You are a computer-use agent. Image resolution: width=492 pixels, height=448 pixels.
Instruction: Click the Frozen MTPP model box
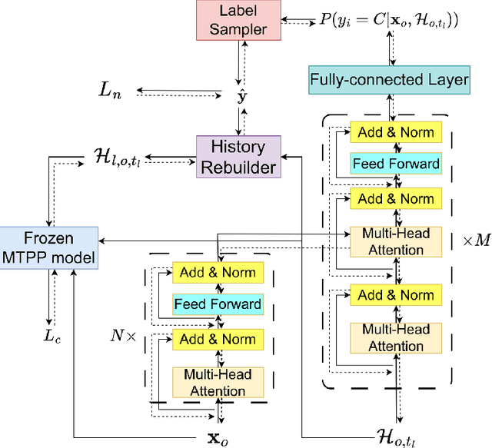tap(49, 247)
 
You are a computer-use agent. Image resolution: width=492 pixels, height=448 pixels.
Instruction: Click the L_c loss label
tap(51, 337)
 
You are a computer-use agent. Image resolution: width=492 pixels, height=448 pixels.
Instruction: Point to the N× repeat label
tap(125, 335)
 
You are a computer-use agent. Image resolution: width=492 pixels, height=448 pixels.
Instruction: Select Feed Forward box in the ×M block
tap(395, 164)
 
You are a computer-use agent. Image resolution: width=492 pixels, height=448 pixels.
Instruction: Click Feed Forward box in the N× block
tap(218, 304)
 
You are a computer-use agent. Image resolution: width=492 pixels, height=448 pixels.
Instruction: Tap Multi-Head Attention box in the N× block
tap(218, 382)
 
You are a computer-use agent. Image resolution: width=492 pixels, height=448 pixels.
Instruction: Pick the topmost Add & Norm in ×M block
tap(395, 132)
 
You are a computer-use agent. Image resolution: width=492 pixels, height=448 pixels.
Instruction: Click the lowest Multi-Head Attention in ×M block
tap(395, 337)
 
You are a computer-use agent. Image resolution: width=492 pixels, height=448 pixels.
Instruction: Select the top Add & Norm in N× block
tap(218, 272)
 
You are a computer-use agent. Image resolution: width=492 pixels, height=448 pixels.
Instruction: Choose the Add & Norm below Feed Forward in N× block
tap(218, 339)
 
